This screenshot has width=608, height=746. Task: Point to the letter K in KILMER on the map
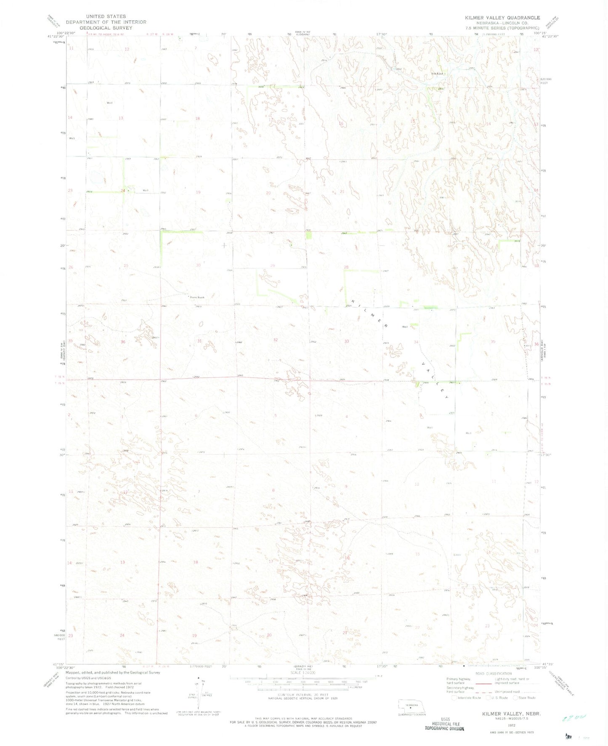(x=353, y=301)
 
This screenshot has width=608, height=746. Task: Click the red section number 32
(x=275, y=340)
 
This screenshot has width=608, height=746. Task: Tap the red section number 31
(x=199, y=341)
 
